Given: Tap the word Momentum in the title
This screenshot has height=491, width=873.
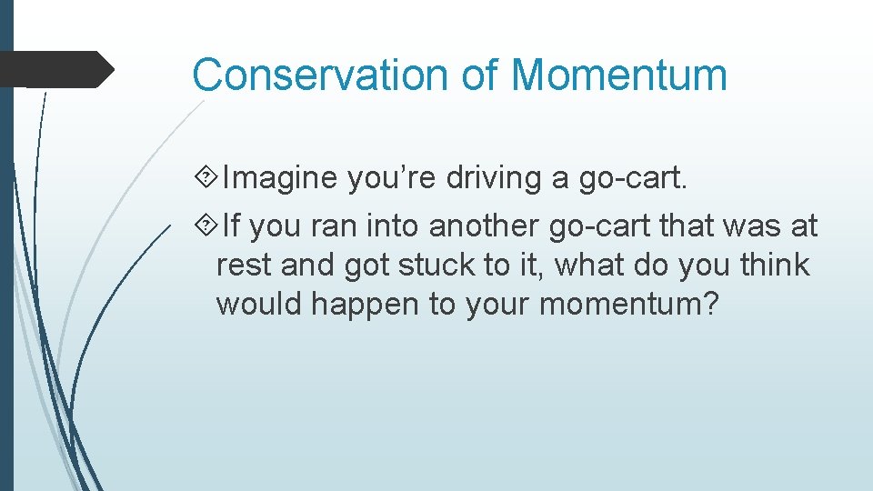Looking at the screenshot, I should (620, 74).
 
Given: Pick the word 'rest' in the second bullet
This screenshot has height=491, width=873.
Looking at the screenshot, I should (244, 266).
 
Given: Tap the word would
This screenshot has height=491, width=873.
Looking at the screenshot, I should (259, 305).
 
